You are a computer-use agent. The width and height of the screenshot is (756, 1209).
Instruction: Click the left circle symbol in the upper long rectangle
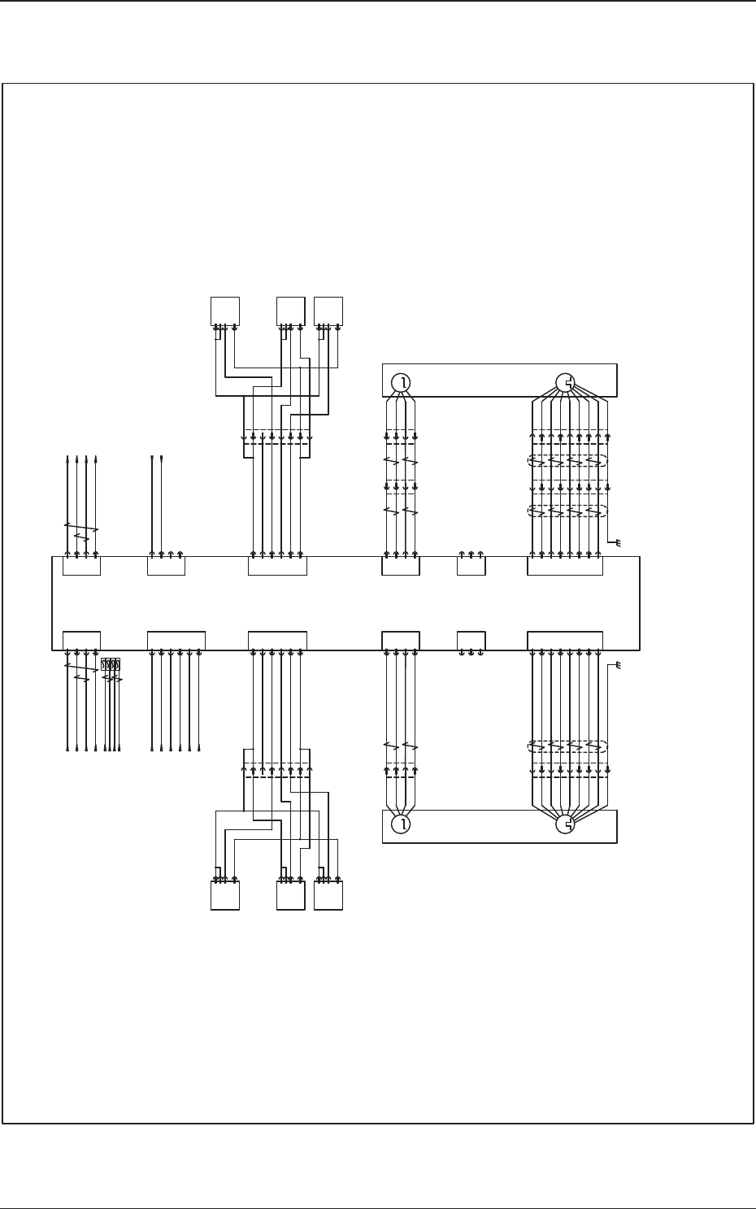coord(400,382)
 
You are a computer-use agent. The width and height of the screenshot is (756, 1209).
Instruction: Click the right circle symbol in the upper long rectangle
coord(566,382)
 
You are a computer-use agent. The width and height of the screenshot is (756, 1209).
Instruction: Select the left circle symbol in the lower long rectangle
coord(400,824)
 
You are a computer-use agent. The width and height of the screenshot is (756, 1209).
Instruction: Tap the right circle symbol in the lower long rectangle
coord(566,824)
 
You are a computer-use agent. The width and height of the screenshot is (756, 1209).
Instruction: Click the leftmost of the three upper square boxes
coord(225,311)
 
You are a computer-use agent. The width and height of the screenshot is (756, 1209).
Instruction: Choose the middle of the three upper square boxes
coord(290,311)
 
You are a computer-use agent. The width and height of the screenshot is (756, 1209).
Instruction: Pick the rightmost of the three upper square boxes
coord(328,311)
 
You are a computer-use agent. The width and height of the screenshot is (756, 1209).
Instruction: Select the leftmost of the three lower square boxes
coord(225,894)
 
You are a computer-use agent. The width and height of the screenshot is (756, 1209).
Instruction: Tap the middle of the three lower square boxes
coord(290,894)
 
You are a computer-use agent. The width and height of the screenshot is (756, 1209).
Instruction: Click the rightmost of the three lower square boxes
coord(328,894)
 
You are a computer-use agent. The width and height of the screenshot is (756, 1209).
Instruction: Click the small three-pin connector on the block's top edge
coord(471,565)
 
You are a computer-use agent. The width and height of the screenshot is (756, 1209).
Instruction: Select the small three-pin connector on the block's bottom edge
coord(471,641)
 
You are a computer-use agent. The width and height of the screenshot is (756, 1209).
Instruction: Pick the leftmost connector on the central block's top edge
coord(81,565)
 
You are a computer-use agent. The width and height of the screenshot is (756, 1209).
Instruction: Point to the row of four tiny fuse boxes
coord(111,664)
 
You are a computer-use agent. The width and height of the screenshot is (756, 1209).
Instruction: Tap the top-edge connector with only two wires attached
coord(166,565)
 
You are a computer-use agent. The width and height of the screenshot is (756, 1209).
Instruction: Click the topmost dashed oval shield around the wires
coord(567,461)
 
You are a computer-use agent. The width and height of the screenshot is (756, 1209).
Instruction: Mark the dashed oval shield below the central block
coord(567,746)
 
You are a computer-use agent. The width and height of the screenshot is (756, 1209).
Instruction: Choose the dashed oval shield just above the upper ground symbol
coord(567,511)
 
